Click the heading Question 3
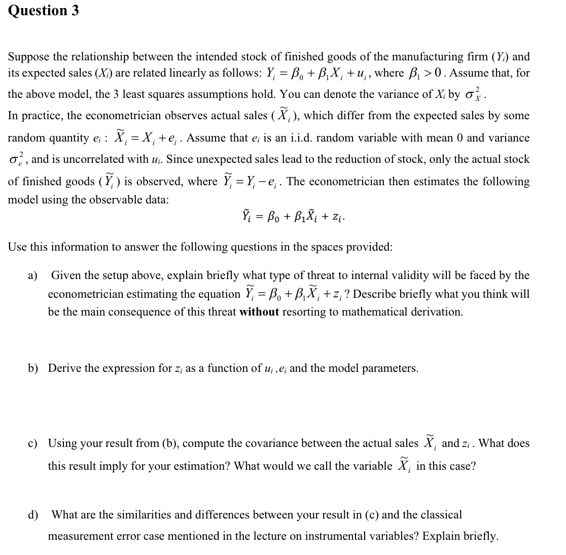click(44, 11)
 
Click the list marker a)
click(33, 275)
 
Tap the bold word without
click(259, 311)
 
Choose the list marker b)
click(33, 368)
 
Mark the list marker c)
click(33, 443)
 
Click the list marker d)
click(33, 515)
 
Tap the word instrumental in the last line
click(331, 536)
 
